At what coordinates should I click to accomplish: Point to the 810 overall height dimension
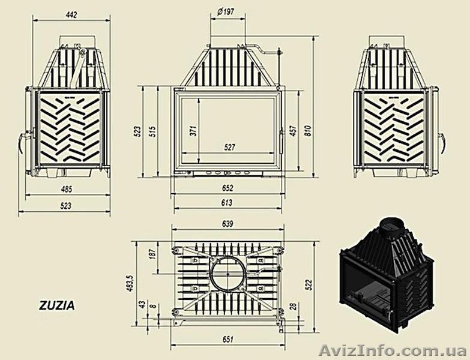(x=309, y=132)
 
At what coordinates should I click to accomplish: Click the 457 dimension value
(x=293, y=132)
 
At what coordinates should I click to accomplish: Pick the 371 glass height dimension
(x=194, y=132)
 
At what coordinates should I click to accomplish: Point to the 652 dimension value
(x=227, y=188)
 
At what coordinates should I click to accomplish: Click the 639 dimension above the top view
(x=227, y=224)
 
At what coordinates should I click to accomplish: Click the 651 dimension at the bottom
(x=227, y=340)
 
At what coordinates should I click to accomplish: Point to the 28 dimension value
(x=292, y=307)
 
